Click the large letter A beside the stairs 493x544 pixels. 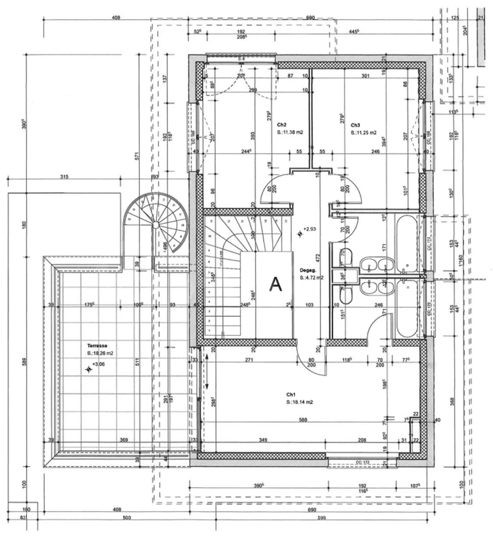click(276, 284)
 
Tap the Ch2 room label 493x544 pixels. click(281, 125)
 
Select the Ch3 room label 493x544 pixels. click(355, 125)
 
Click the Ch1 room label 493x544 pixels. click(291, 394)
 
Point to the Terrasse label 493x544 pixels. click(97, 346)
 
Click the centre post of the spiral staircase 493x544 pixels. click(155, 225)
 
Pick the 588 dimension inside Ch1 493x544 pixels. click(303, 419)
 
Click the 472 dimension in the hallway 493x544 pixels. click(317, 258)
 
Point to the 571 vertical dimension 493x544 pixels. click(137, 156)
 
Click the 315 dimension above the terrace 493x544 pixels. click(64, 177)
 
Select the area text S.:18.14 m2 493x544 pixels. click(300, 402)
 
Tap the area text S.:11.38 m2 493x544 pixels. click(290, 132)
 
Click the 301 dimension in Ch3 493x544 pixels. click(365, 76)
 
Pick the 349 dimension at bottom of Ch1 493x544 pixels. click(263, 440)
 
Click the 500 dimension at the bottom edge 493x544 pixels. click(127, 518)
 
